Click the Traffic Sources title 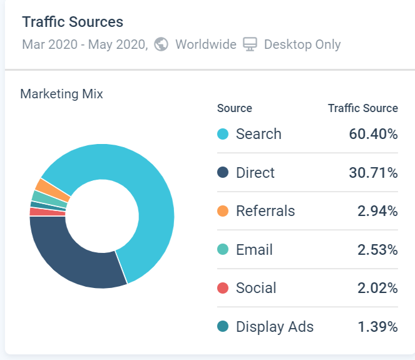73,22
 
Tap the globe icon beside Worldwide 161,44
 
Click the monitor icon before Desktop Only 250,44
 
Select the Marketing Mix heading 61,94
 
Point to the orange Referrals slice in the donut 43,186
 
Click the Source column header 235,108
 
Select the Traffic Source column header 363,108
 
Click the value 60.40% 373,134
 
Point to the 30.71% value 373,173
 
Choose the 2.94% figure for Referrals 377,211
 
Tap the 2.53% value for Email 377,250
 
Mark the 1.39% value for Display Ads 377,327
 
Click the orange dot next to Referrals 223,211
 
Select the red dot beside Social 223,288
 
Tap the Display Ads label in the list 275,327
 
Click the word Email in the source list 254,250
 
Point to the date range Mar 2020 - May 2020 85,44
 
